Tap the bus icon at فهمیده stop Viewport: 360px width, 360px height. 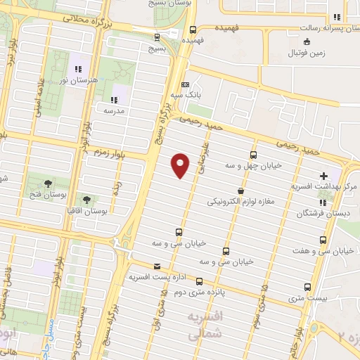point(193,30)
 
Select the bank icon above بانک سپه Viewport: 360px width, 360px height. point(185,84)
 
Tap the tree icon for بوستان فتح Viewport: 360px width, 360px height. point(48,184)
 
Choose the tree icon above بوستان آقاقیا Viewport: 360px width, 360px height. point(86,200)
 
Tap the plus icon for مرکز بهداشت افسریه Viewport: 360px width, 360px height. point(323,175)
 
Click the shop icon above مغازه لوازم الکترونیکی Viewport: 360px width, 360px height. point(240,191)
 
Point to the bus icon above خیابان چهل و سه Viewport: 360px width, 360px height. point(253,155)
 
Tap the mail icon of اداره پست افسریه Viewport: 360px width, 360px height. point(156,266)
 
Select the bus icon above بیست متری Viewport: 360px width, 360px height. point(308,287)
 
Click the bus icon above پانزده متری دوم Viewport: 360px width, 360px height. point(226,251)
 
